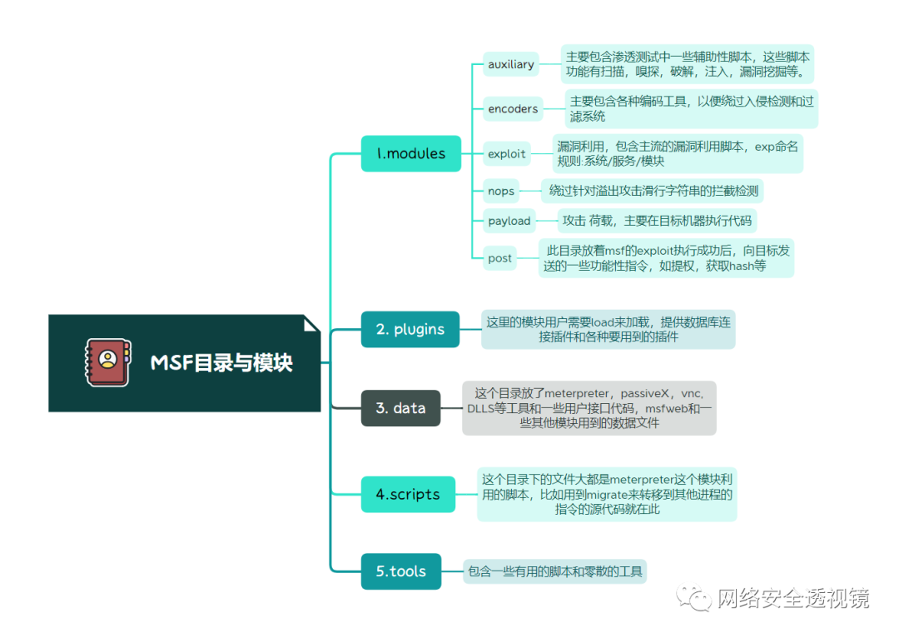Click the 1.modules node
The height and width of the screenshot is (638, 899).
tap(410, 153)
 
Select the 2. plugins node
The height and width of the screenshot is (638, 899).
tap(410, 329)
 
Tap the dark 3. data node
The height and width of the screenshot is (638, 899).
tap(400, 408)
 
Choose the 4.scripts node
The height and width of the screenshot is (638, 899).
tap(408, 494)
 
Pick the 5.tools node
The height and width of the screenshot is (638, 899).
tap(400, 571)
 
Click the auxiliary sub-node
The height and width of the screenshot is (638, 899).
tap(511, 64)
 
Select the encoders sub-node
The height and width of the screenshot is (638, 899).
tap(513, 109)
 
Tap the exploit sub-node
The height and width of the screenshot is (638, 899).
tap(507, 153)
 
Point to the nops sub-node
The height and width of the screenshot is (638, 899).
tap(501, 191)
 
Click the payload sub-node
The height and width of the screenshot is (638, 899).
tap(509, 221)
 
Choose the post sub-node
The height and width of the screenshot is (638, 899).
tap(499, 258)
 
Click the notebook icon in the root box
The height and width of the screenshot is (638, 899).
tap(107, 362)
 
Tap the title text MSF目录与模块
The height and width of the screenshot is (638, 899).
tap(221, 363)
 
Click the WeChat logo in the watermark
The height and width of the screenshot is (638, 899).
tap(693, 597)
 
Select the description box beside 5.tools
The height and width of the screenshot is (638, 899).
tap(554, 571)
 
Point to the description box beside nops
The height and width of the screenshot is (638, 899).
tap(653, 191)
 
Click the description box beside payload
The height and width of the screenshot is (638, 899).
tap(657, 221)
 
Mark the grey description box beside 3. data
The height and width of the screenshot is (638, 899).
tap(589, 408)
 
